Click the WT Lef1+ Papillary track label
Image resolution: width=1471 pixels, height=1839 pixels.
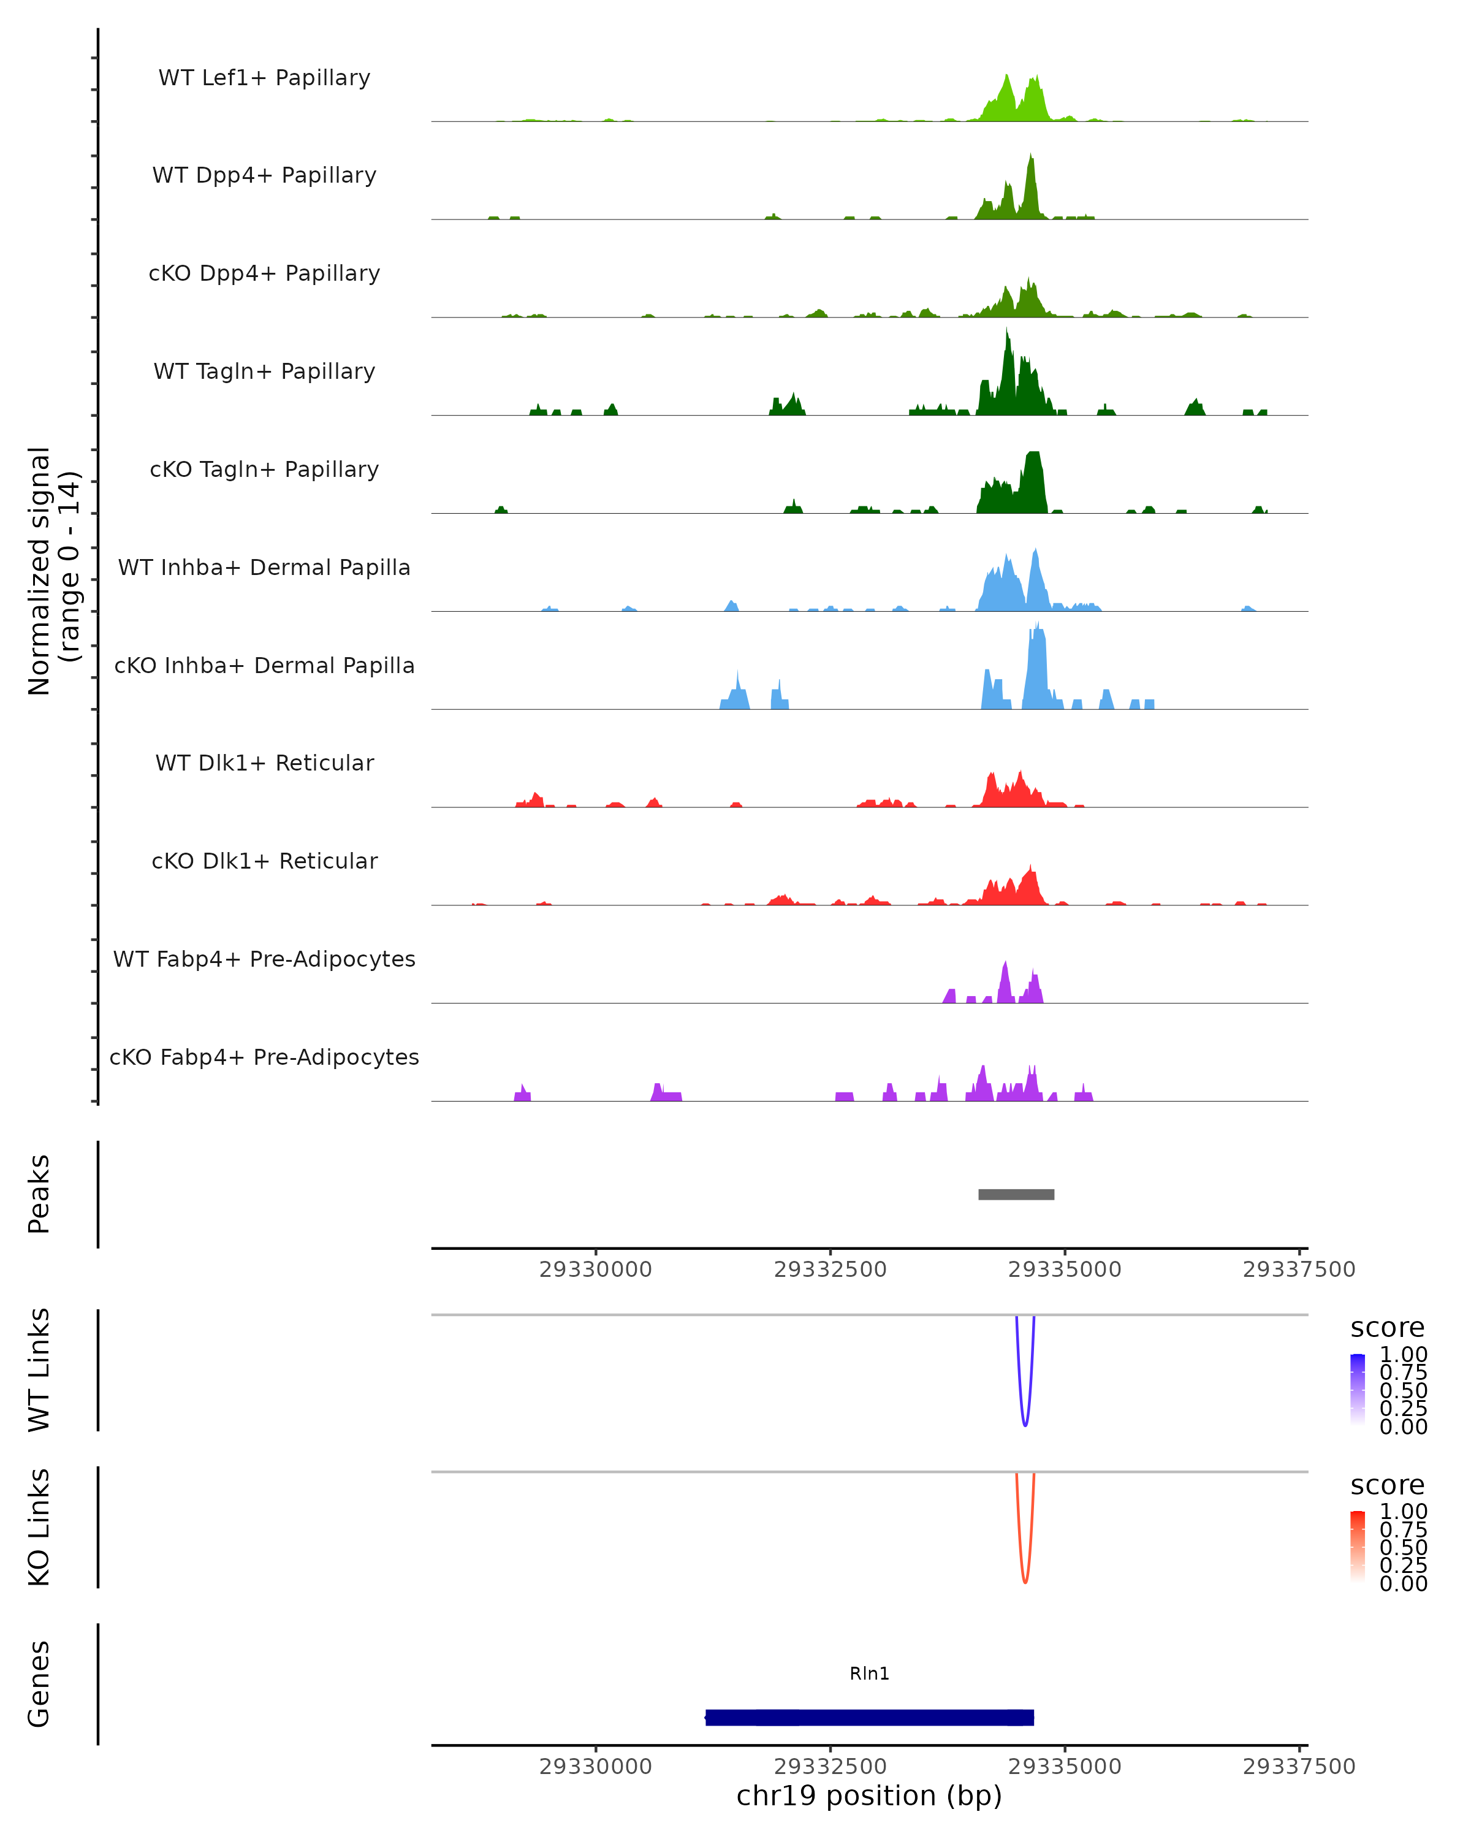pos(264,78)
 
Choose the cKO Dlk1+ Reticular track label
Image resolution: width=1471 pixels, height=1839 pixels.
pos(264,861)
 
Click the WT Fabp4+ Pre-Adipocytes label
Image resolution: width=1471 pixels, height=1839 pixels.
pos(264,959)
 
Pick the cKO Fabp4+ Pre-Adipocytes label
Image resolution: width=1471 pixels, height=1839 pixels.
pos(264,1057)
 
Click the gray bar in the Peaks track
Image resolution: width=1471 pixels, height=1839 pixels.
pos(1016,1194)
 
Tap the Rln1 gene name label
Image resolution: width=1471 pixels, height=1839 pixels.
pos(869,1673)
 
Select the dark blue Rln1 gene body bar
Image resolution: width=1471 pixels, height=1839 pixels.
pos(869,1717)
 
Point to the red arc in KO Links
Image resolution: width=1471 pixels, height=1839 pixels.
pos(1025,1580)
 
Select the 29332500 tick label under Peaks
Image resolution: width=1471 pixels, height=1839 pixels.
pos(830,1270)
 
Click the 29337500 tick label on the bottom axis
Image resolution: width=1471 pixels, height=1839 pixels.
pos(1299,1767)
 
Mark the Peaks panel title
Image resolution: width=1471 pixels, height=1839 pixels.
pos(39,1194)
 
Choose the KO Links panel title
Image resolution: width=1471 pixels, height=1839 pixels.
pos(39,1527)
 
